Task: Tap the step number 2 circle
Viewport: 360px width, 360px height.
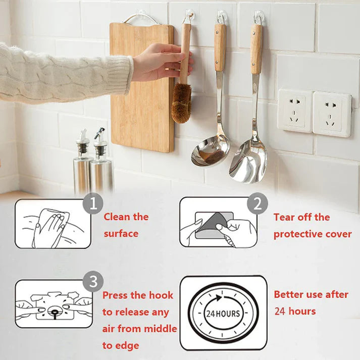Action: pos(258,204)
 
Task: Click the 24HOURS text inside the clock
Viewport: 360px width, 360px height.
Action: pos(223,313)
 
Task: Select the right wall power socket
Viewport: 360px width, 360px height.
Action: pos(332,114)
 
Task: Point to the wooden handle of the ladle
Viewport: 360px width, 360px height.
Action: pos(220,48)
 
